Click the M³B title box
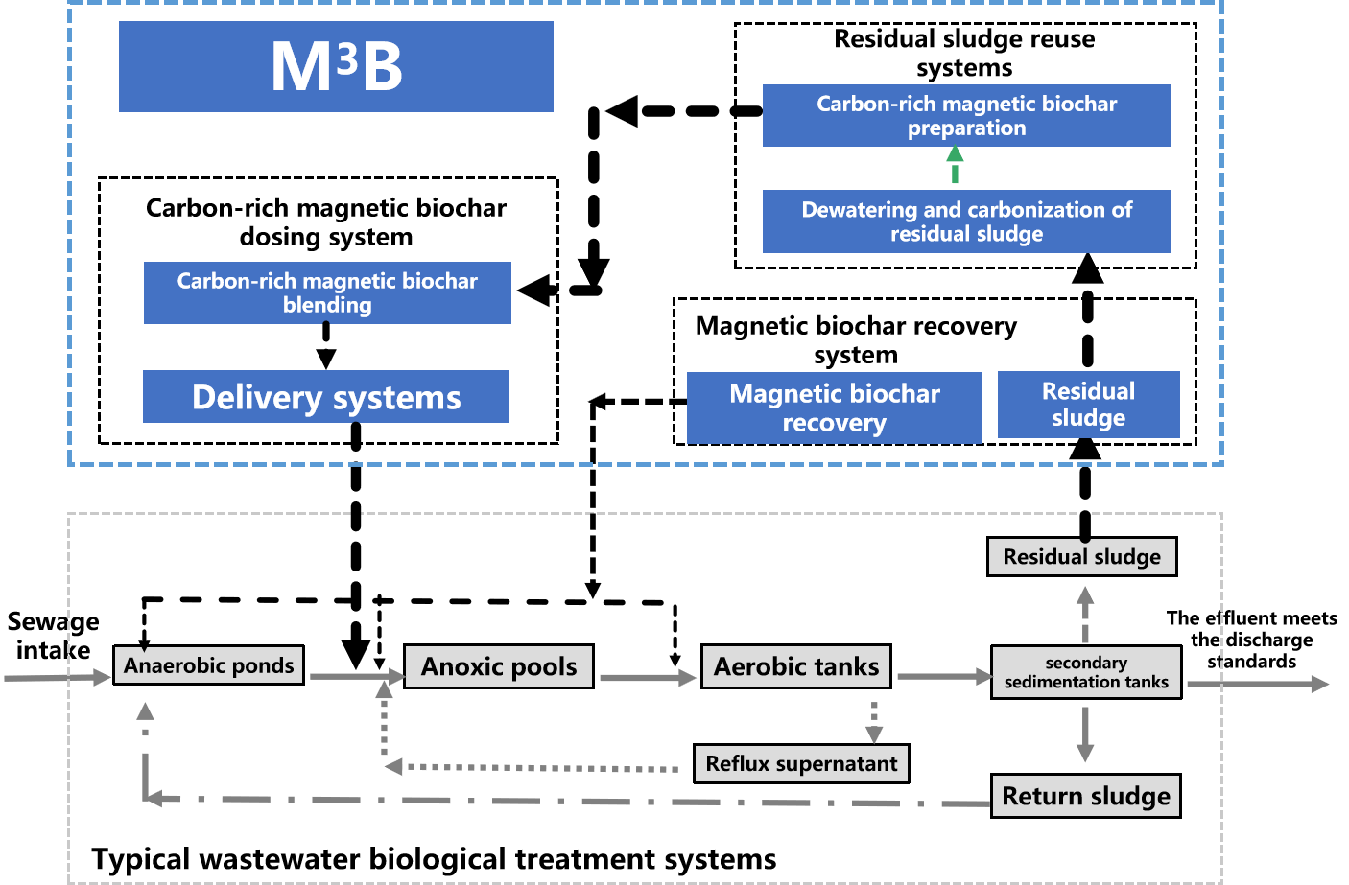click(x=336, y=67)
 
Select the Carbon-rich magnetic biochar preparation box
click(x=966, y=115)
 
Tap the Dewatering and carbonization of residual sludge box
click(x=966, y=221)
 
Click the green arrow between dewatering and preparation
click(x=955, y=166)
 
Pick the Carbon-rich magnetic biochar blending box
click(x=327, y=292)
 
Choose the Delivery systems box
click(x=326, y=397)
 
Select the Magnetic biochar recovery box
click(x=834, y=408)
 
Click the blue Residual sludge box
click(x=1088, y=405)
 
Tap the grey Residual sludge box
click(x=1081, y=556)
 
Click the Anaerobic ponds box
click(x=208, y=665)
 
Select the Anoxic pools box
click(x=499, y=666)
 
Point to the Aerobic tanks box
click(x=796, y=666)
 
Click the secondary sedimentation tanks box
click(x=1086, y=672)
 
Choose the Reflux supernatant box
click(x=801, y=764)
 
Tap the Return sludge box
click(x=1085, y=796)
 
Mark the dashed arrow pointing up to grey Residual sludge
click(x=1085, y=614)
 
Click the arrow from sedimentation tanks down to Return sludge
click(x=1085, y=734)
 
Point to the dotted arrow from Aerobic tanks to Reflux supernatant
click(x=874, y=722)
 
